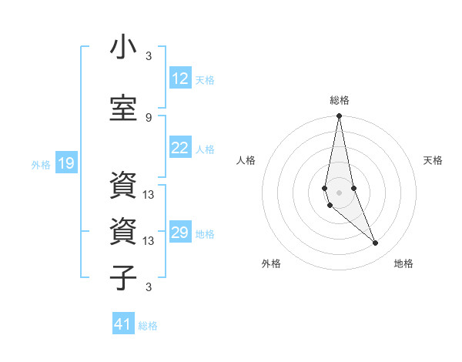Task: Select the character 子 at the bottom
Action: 123,277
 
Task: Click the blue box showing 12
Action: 180,79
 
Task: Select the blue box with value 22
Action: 180,148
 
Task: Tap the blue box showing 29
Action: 180,233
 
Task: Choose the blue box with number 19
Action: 66,163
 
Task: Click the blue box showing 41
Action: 123,324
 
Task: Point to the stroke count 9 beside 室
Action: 149,117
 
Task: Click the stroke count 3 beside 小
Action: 149,56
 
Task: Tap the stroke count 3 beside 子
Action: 149,287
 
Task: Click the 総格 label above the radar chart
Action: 340,100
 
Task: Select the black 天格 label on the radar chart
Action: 433,160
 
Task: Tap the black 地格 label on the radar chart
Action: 403,263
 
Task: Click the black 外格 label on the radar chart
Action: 271,263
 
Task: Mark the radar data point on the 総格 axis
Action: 339,116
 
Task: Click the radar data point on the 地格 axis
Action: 376,243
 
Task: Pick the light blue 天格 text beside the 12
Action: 205,79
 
